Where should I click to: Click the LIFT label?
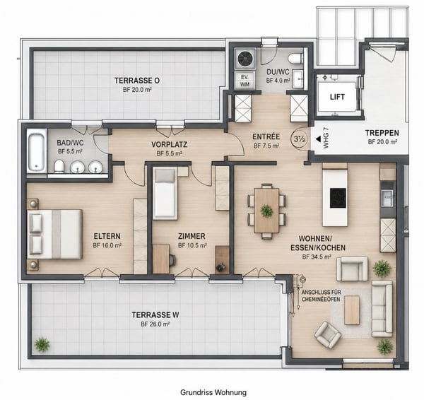tap(337, 97)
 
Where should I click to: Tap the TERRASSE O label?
tap(137, 81)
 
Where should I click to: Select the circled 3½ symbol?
tap(300, 139)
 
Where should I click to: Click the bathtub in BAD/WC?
tap(37, 150)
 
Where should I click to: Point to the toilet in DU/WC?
tap(295, 59)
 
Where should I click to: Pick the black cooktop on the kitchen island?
tap(338, 198)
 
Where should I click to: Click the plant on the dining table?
tap(266, 211)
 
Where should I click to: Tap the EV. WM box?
tap(245, 81)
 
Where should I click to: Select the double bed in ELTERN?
tap(54, 234)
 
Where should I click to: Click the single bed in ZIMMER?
tap(165, 193)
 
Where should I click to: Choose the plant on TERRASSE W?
tap(42, 344)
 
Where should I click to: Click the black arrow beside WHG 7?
tap(318, 139)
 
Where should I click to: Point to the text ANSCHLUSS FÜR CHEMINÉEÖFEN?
tap(321, 296)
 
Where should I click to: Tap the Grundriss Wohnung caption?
tap(213, 392)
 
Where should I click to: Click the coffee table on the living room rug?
tap(352, 310)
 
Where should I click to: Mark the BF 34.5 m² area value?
tap(317, 257)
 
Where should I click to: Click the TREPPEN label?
tap(382, 133)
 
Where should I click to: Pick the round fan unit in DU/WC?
tap(245, 58)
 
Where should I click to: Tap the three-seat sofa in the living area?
tap(382, 309)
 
